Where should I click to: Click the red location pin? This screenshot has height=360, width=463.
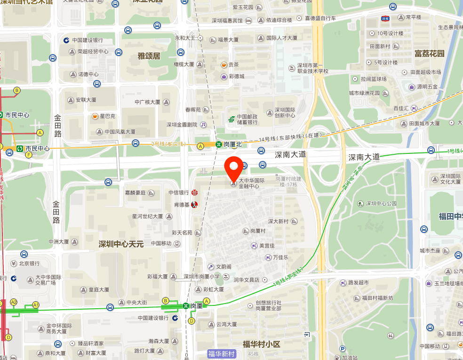(x=234, y=168)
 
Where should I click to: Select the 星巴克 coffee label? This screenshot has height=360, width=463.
(x=107, y=116)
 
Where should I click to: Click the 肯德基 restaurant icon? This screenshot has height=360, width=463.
(x=194, y=204)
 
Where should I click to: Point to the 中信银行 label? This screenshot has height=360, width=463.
(x=179, y=192)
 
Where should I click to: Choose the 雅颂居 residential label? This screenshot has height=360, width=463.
(x=149, y=56)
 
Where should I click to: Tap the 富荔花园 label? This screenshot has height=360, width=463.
(x=429, y=54)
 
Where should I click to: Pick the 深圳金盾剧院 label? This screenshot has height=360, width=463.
(x=182, y=125)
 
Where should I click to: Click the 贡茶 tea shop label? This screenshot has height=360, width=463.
(x=233, y=64)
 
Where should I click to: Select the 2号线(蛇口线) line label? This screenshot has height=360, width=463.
(x=168, y=144)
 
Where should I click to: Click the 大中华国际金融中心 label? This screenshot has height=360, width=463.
(x=252, y=183)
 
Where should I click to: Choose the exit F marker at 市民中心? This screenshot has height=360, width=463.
(x=29, y=154)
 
